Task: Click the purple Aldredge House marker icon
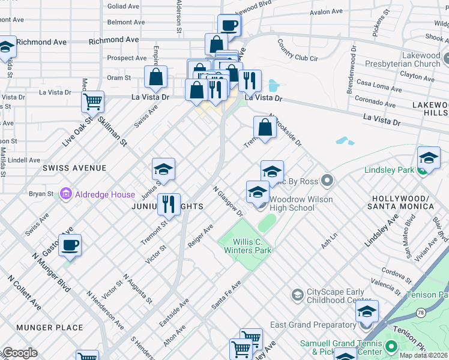[65, 194]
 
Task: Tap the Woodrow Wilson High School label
[292, 203]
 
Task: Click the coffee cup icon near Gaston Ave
[70, 245]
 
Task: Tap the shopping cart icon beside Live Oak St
[92, 102]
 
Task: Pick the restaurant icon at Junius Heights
[169, 205]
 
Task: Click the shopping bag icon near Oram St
[155, 77]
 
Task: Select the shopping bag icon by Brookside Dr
[265, 127]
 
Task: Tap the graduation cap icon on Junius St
[163, 169]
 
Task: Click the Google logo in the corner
[19, 353]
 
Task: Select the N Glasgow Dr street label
[228, 201]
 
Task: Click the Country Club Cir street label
[297, 50]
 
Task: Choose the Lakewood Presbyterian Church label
[412, 59]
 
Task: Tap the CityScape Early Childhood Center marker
[297, 295]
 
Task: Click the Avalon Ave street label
[326, 11]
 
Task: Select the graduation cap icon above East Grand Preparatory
[367, 311]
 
